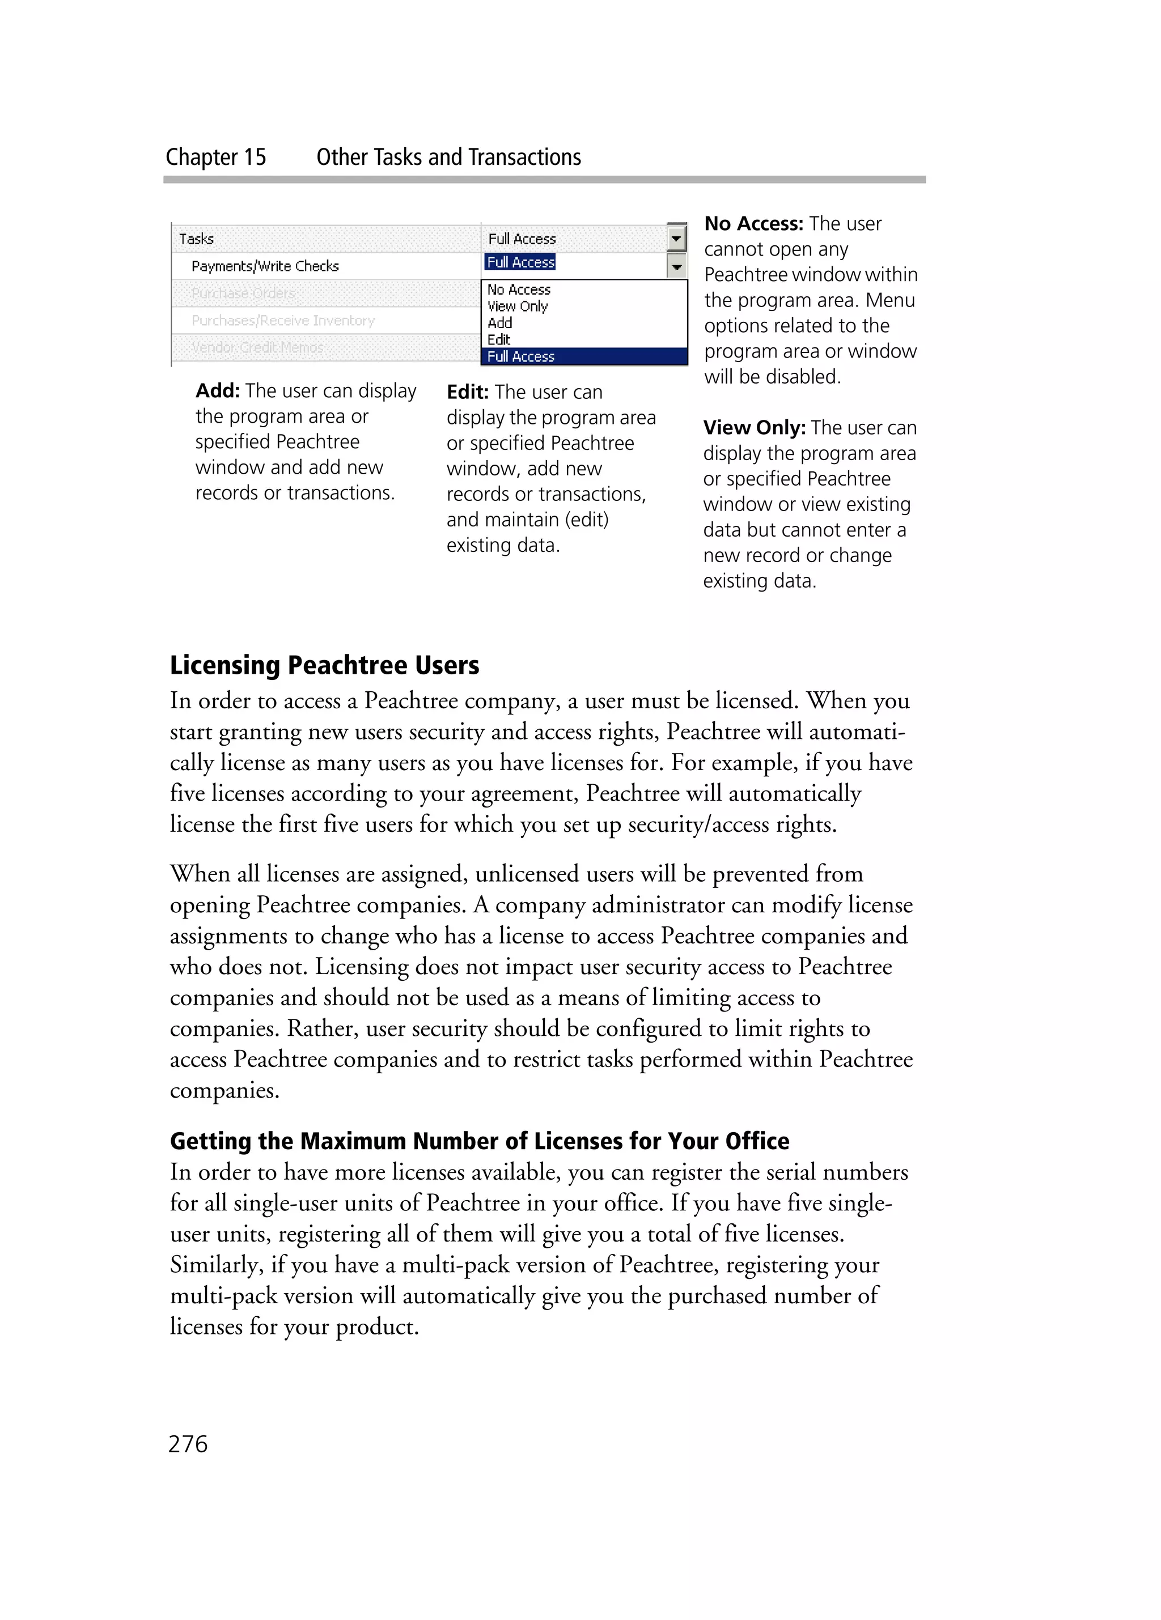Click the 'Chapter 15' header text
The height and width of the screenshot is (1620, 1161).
(x=216, y=157)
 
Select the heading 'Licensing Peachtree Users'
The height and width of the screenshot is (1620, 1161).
(x=324, y=665)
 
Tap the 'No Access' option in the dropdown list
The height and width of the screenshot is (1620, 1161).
(x=519, y=290)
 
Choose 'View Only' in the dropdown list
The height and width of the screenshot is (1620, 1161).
(x=517, y=306)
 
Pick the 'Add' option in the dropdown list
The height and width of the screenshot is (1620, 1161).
(x=499, y=323)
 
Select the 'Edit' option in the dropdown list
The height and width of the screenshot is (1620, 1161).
(x=499, y=339)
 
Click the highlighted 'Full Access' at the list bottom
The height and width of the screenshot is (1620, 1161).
(x=521, y=356)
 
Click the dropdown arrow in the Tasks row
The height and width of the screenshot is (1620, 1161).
(x=676, y=239)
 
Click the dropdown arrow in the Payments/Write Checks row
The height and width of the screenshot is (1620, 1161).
(x=676, y=266)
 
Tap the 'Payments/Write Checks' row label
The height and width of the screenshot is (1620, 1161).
(x=265, y=266)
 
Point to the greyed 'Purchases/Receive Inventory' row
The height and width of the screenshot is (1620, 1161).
(x=283, y=321)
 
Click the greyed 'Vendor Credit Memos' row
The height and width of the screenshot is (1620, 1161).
(x=257, y=348)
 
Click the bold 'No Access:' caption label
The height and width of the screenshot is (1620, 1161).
(x=754, y=224)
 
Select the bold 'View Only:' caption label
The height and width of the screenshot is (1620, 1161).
(x=754, y=427)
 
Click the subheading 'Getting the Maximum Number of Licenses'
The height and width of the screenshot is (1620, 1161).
(x=480, y=1141)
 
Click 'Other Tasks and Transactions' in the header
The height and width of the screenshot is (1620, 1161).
(x=448, y=157)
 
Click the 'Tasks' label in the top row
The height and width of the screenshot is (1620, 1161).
(x=197, y=239)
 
